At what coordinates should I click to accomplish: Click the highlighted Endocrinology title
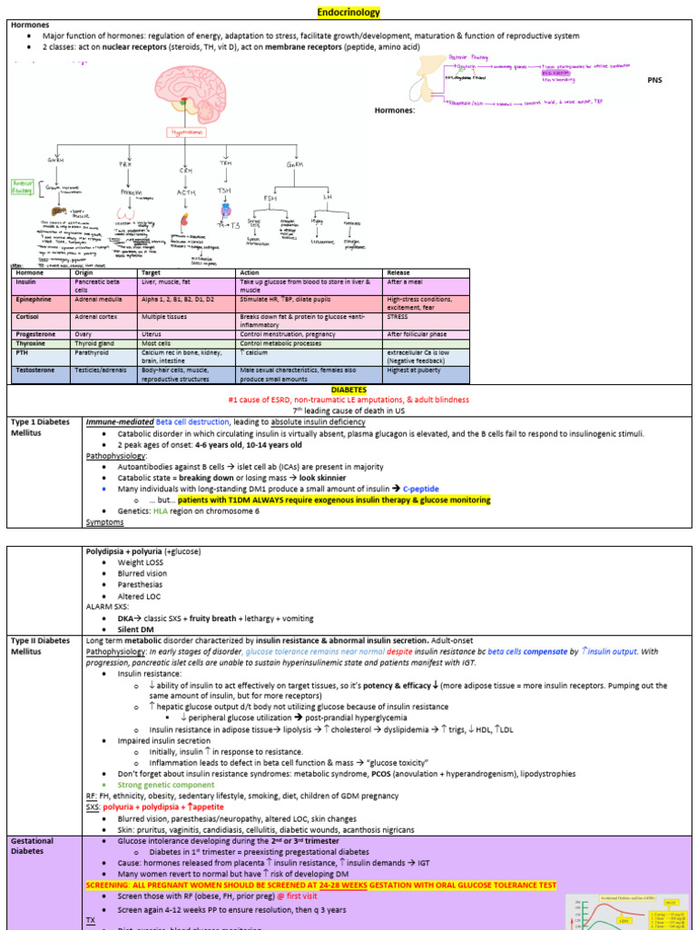[x=348, y=13]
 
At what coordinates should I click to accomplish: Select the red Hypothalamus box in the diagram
[x=186, y=132]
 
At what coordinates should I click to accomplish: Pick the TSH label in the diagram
[x=224, y=191]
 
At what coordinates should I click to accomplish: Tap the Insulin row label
[x=25, y=282]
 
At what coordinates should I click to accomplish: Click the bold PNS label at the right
[x=654, y=80]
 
